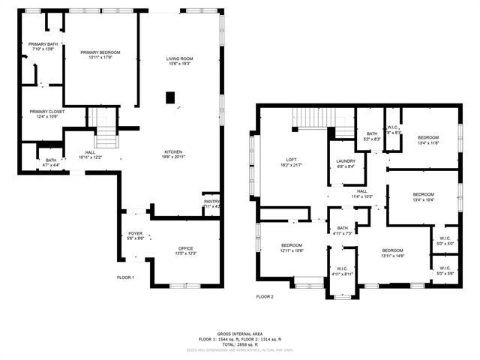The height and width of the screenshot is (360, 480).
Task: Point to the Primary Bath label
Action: pyautogui.click(x=43, y=46)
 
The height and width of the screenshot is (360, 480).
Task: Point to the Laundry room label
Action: pyautogui.click(x=346, y=163)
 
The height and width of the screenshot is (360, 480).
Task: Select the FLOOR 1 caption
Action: pyautogui.click(x=125, y=277)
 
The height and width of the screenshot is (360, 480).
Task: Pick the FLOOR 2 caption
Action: pyautogui.click(x=265, y=296)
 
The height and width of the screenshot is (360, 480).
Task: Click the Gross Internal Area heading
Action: pyautogui.click(x=239, y=333)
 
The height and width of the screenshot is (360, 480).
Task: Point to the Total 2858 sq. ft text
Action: pyautogui.click(x=239, y=343)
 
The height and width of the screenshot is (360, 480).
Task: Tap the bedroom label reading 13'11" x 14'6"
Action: pyautogui.click(x=392, y=253)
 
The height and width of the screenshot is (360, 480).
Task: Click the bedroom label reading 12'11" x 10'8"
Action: pyautogui.click(x=292, y=247)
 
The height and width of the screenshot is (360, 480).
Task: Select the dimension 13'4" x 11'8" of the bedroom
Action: pyautogui.click(x=428, y=142)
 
